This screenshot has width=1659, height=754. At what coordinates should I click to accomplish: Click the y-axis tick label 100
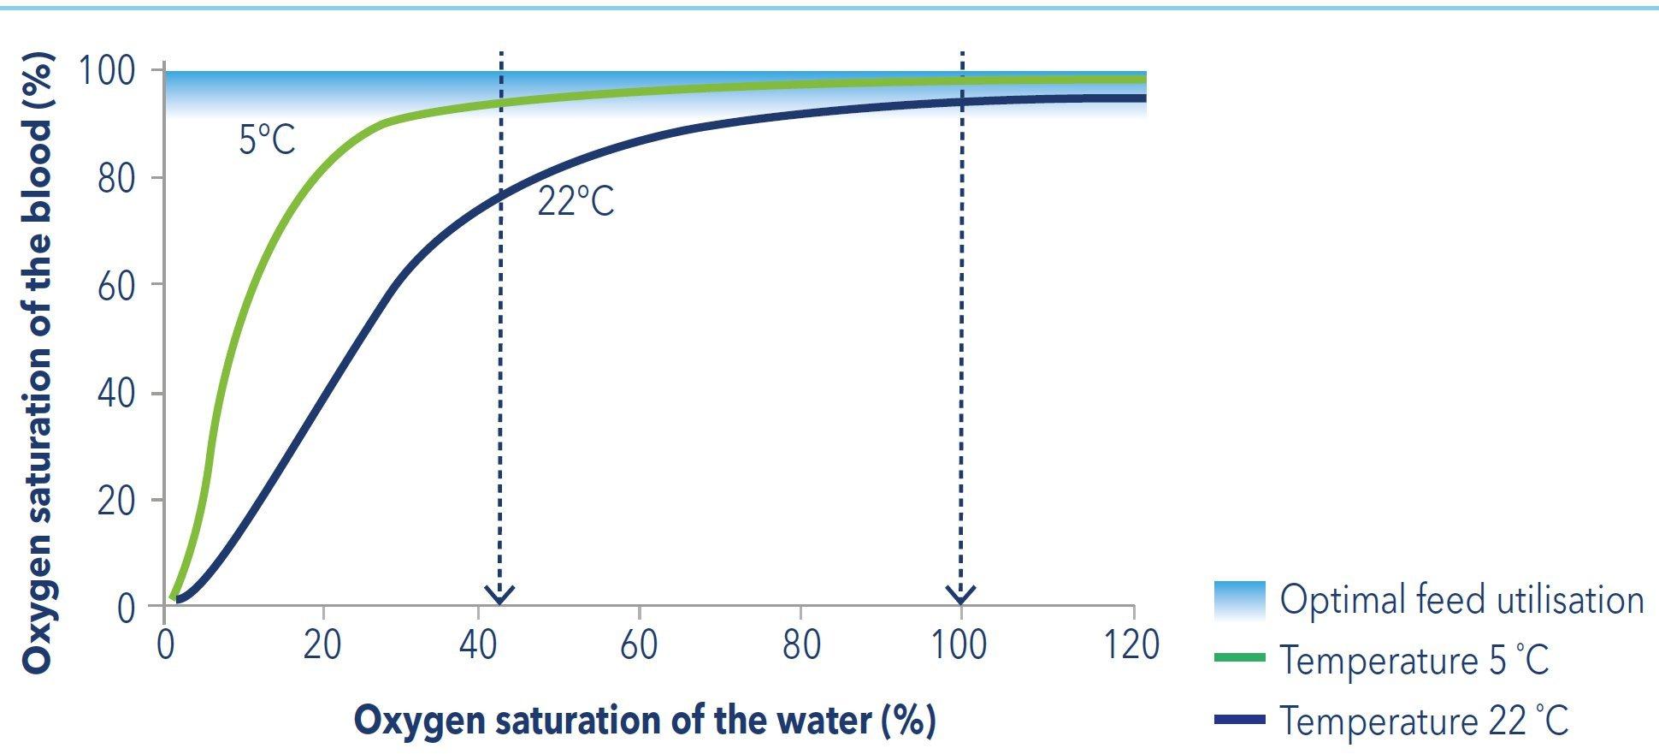107,71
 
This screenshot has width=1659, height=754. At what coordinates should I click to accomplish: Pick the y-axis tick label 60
116,286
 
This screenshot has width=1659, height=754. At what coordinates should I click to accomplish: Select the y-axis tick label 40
116,394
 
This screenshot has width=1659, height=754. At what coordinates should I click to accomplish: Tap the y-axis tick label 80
116,178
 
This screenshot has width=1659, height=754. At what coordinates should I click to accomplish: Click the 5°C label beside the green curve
267,140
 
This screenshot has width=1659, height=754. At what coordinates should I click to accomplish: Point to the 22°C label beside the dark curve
576,202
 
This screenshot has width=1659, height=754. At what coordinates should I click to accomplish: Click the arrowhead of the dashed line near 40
500,594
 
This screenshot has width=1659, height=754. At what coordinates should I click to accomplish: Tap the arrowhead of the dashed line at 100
961,594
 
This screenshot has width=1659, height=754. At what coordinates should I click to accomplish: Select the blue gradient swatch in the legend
1239,600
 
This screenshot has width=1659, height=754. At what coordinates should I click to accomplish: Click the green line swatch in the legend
1239,657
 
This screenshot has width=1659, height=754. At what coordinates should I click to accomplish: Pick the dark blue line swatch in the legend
1239,720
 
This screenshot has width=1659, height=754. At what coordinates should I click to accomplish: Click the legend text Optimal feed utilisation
1461,600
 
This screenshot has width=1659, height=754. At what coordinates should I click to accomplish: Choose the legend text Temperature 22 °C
1424,721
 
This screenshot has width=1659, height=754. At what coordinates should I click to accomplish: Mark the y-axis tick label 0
126,609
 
